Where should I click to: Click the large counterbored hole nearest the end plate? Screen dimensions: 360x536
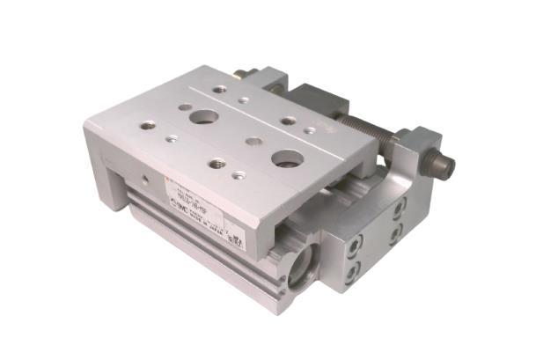click(287, 159)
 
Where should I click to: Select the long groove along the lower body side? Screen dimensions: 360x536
click(202, 237)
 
